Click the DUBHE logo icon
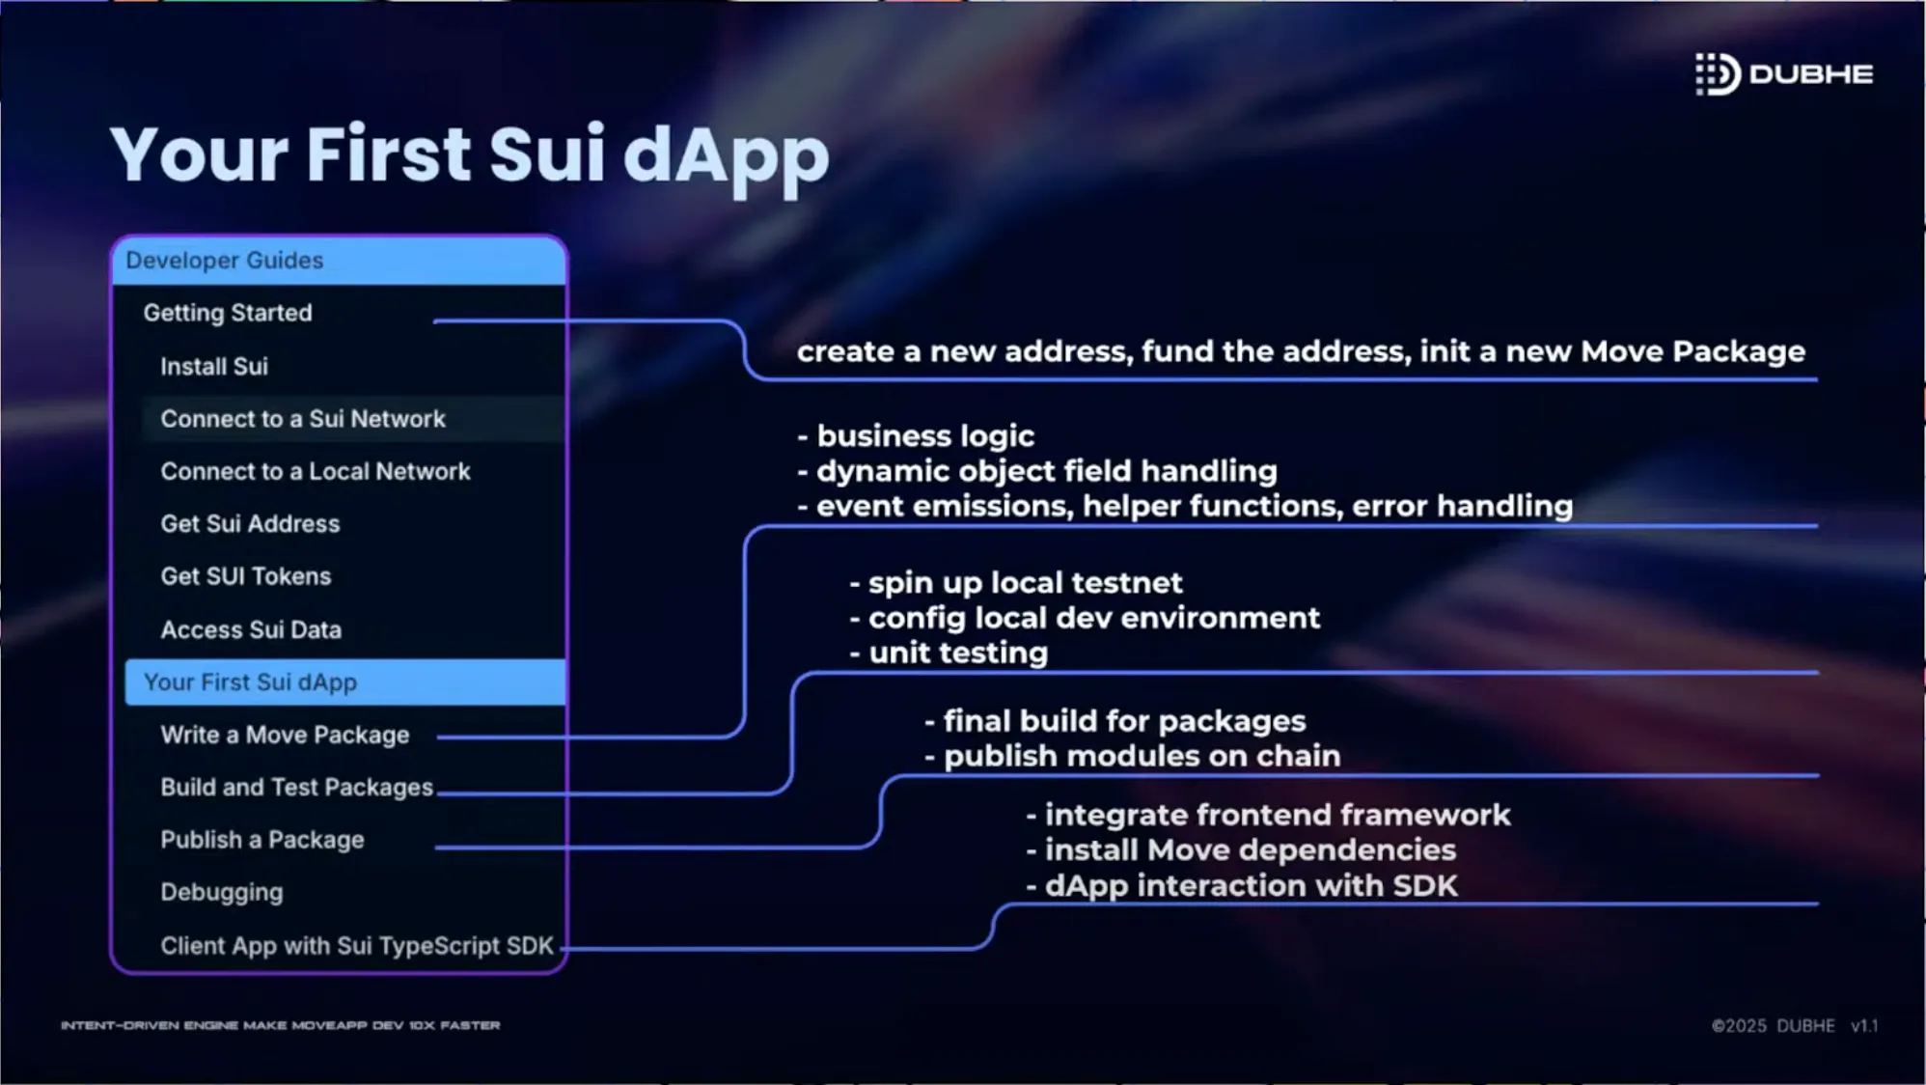1718,74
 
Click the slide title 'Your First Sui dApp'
470,155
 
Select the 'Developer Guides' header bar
339,261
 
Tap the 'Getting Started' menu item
228,313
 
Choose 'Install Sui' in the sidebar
214,367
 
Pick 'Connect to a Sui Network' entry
303,419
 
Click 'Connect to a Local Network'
316,471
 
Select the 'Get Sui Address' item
250,524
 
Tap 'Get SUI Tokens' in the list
246,576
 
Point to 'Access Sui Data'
251,629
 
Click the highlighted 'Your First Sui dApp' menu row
344,682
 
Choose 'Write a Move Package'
285,736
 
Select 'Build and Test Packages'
296,788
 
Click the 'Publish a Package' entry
262,840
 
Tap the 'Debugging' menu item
222,893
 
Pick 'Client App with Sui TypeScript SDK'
357,946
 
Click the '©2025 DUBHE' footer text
1774,1026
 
